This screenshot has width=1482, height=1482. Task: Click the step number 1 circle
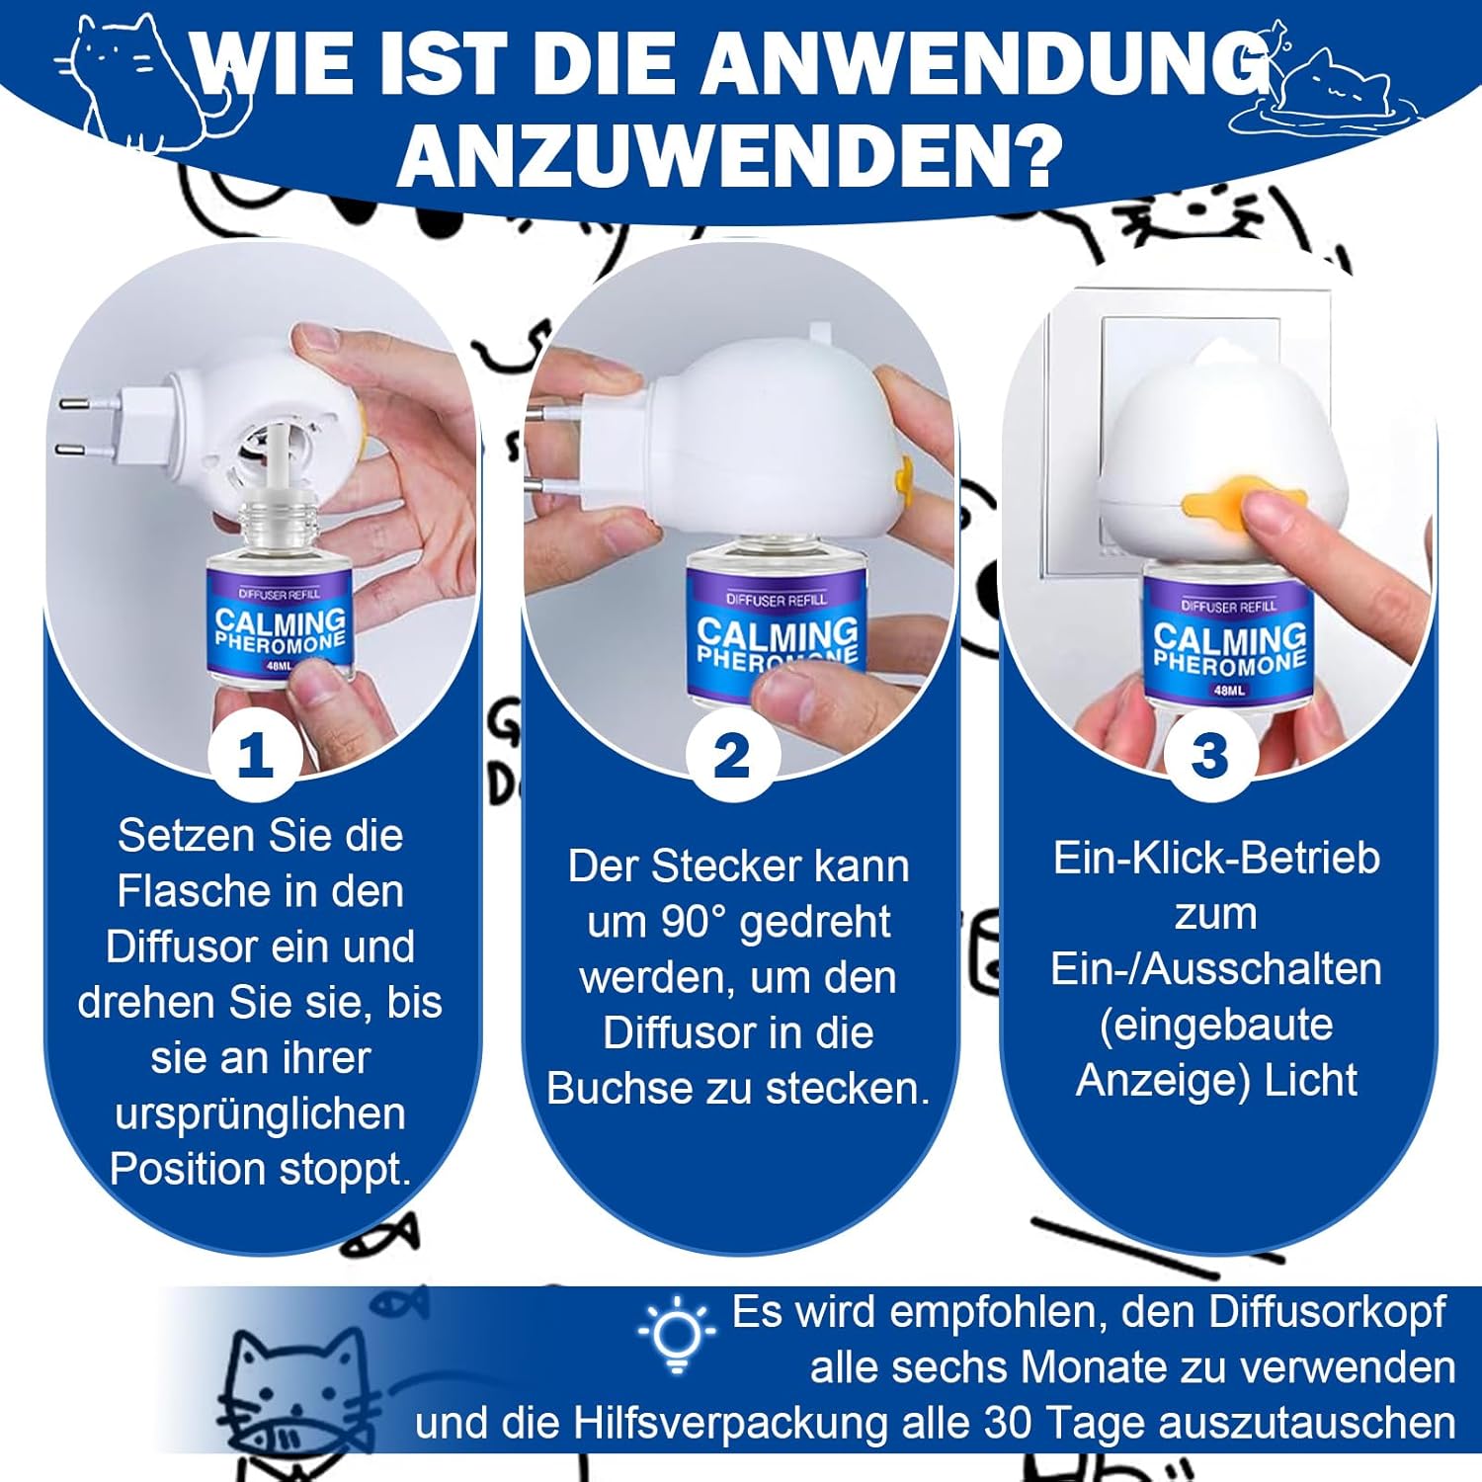[x=256, y=756]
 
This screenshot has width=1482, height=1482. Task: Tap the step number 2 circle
[x=732, y=756]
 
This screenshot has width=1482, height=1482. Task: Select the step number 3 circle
[x=1209, y=756]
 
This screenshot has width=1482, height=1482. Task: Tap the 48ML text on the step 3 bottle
[x=1229, y=690]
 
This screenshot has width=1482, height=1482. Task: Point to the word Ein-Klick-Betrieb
[x=1216, y=858]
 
